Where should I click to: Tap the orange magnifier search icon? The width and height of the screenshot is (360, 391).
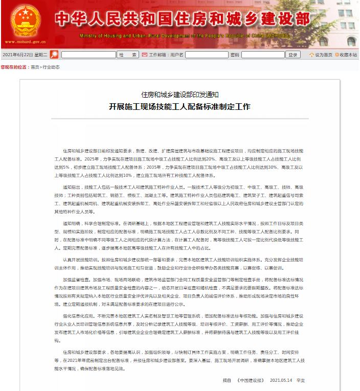(x=54, y=55)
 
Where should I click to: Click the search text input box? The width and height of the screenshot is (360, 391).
(x=88, y=55)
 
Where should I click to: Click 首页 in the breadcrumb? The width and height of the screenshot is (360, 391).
(x=35, y=67)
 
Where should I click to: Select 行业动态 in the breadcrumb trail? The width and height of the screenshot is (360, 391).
(x=51, y=67)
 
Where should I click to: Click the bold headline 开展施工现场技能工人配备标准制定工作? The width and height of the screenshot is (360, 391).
(x=179, y=106)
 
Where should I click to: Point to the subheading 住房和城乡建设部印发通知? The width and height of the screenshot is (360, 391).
(x=179, y=95)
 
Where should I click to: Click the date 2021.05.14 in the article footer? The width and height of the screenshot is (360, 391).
(x=280, y=380)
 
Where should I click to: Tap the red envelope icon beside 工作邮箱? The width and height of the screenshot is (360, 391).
(x=145, y=55)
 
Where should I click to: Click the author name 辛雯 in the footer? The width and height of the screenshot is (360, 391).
(x=301, y=380)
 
